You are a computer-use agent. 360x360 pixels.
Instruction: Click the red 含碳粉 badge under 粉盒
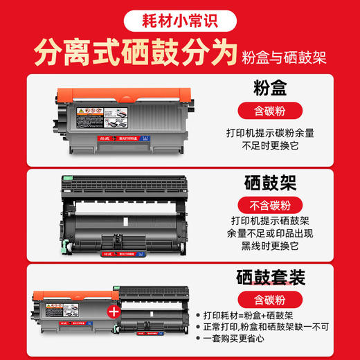(x=276, y=111)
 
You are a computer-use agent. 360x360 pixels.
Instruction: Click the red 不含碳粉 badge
(x=276, y=206)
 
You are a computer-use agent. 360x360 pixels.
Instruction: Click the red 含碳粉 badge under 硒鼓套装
(x=276, y=300)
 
